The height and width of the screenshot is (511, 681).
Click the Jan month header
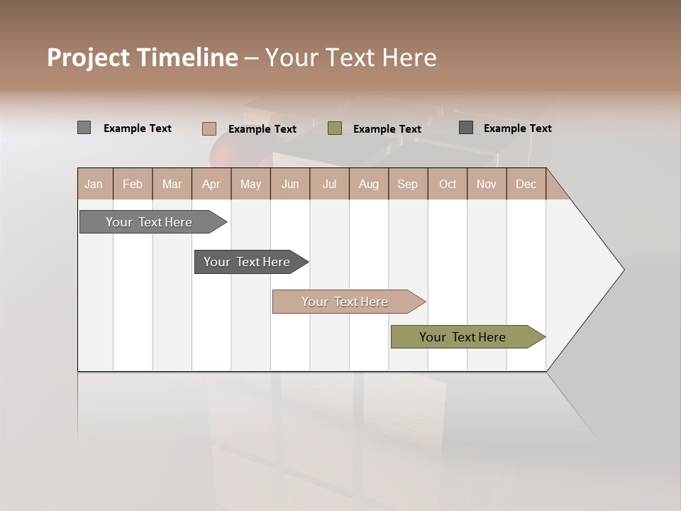94,184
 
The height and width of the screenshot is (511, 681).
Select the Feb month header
133,184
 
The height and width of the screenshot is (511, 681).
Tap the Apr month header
211,184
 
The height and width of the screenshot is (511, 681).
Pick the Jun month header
290,184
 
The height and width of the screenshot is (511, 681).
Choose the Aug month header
368,184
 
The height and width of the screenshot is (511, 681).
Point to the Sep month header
407,184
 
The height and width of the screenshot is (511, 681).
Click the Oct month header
448,184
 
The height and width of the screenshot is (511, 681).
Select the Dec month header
526,184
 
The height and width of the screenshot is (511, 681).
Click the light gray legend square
84,128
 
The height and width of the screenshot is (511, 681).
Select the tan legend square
209,128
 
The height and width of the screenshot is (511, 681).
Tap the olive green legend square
335,128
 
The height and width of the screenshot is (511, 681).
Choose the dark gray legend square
466,128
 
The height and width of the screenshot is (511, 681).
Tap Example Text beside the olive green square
387,129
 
